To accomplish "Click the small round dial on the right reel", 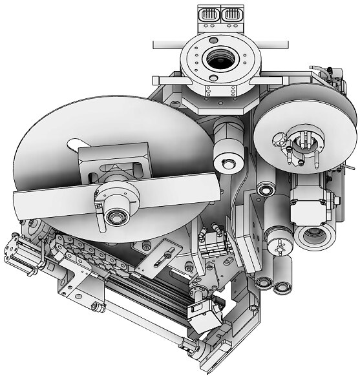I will tap(281, 137).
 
